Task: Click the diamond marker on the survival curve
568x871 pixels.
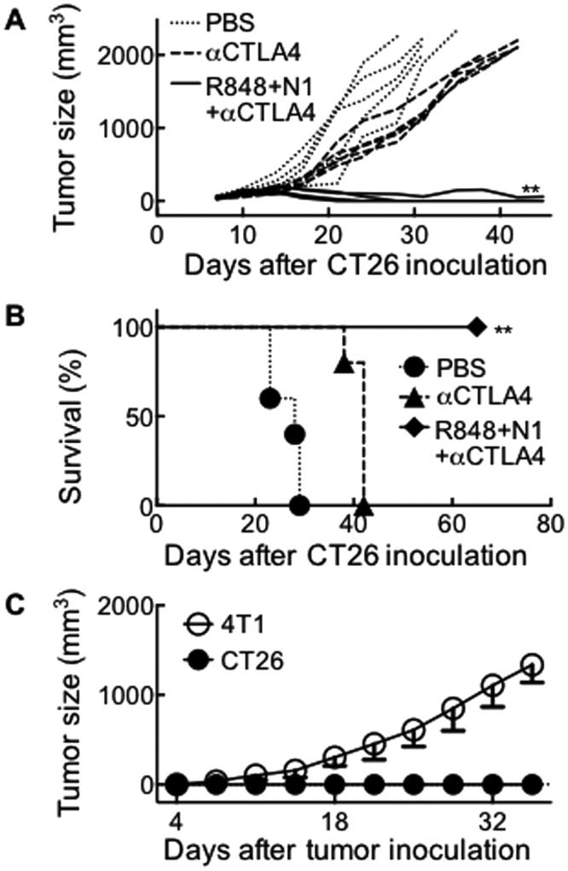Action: coord(477,326)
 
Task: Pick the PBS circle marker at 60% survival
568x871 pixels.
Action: coord(270,398)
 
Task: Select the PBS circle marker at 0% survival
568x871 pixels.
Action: coord(299,506)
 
